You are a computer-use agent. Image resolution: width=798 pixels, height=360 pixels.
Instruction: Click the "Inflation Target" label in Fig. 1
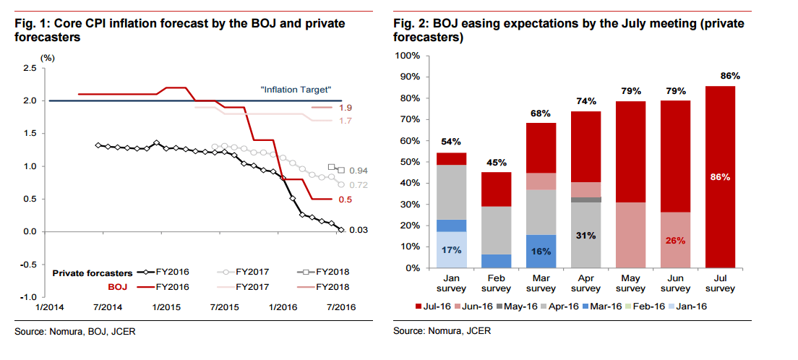click(295, 90)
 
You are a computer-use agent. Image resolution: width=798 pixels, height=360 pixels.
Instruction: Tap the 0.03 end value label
click(359, 230)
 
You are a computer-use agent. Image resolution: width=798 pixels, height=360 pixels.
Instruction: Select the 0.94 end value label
click(359, 171)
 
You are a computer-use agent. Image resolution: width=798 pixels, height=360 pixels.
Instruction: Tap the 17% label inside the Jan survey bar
click(451, 251)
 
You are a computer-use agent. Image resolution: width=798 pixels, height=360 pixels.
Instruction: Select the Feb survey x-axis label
click(497, 283)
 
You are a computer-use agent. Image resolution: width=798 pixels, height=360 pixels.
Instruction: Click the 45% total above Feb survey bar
click(497, 162)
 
